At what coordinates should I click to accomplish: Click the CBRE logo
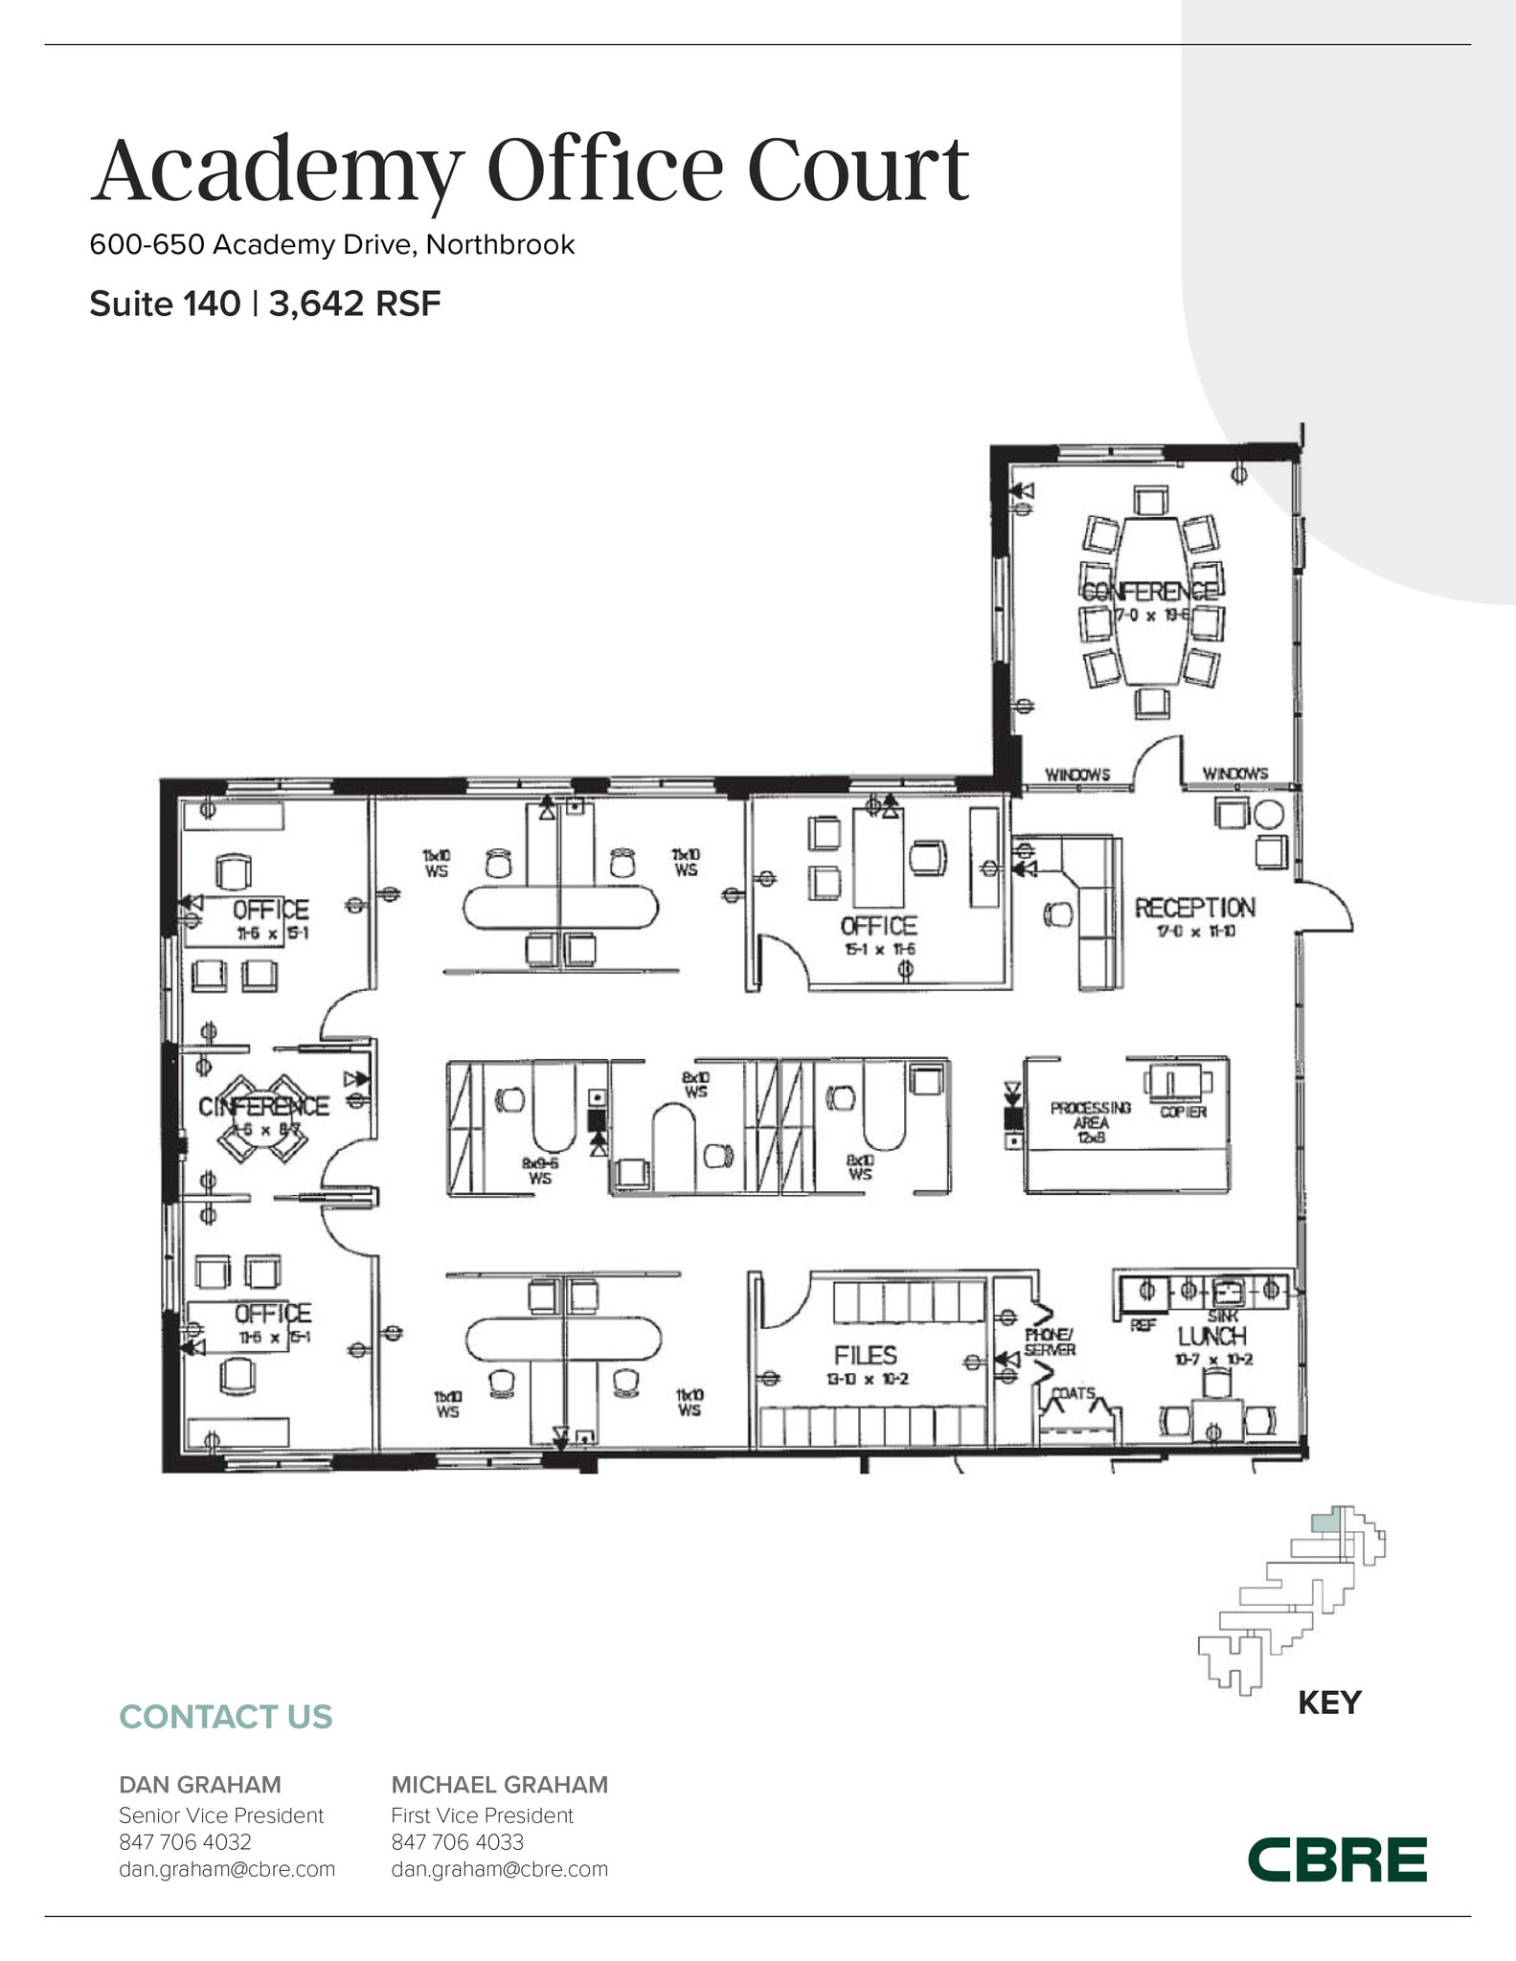pos(1337,1860)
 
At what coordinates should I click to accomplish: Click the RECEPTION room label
pos(1194,908)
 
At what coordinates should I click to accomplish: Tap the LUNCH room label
pos(1211,1336)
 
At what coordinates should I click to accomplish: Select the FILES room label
pos(866,1355)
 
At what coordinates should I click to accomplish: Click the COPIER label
pos(1183,1112)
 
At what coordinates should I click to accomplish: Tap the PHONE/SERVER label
pos(1050,1341)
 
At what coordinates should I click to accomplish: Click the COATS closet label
pos(1074,1393)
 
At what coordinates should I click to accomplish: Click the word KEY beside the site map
pos(1328,1702)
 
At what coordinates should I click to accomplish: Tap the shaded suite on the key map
pos(1324,1521)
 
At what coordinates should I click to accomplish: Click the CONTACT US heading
pos(225,1716)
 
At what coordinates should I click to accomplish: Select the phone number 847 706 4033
pos(457,1841)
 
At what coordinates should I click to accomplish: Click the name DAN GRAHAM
pos(200,1784)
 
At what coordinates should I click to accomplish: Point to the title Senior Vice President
pos(221,1814)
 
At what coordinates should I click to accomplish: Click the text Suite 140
pos(165,304)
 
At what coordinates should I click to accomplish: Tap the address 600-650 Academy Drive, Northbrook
pos(331,244)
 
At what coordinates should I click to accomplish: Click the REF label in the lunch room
pos(1143,1325)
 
